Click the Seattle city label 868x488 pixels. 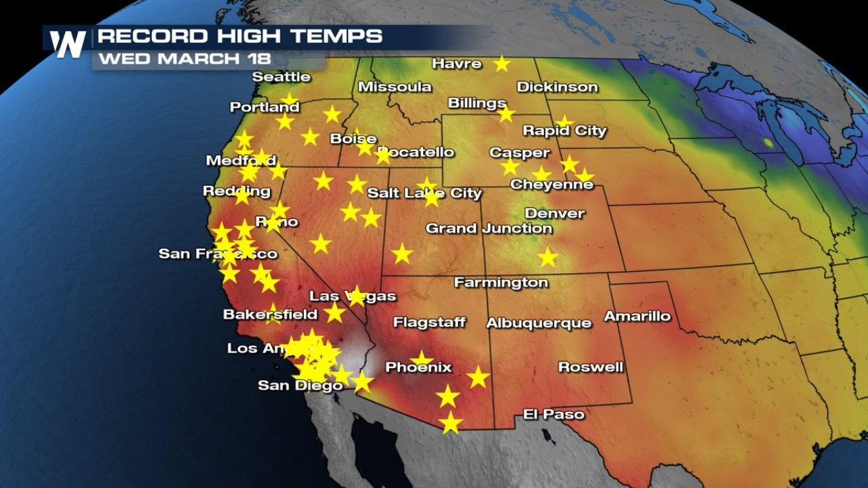281,77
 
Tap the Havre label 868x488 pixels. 457,64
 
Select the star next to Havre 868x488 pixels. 501,64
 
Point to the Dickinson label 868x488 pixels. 557,87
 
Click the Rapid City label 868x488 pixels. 564,131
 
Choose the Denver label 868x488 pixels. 554,213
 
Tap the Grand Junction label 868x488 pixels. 488,228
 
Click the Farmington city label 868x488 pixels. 500,282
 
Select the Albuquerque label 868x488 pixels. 538,323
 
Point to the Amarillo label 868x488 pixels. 637,316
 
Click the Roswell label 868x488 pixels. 590,367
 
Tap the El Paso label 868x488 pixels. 553,413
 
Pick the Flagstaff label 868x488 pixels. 429,322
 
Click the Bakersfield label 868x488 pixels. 270,314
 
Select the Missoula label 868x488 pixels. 394,87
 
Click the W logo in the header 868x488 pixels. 68,44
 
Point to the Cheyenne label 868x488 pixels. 551,184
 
